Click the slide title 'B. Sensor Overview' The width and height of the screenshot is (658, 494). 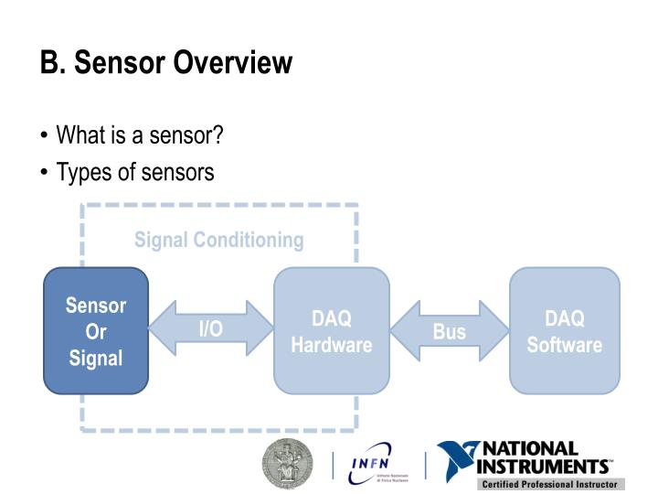click(165, 63)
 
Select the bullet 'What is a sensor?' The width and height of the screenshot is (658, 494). click(140, 135)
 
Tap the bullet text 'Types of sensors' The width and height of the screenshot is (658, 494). click(135, 171)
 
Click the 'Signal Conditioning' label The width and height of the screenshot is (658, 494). click(218, 241)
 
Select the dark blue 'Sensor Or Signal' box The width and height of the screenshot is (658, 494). click(96, 330)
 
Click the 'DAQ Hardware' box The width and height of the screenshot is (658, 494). click(332, 330)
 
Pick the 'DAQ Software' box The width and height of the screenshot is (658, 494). click(564, 330)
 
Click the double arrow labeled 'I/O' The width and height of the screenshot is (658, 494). click(211, 328)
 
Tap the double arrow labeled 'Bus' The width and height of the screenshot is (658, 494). click(449, 331)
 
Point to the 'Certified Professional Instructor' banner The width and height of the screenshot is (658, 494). click(548, 484)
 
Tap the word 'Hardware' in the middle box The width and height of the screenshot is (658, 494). click(332, 345)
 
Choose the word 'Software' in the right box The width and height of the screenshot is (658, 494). click(564, 345)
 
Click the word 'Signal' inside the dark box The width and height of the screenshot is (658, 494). click(96, 358)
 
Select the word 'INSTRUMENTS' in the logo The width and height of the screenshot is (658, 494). click(547, 466)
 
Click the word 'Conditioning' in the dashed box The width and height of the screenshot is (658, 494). click(248, 241)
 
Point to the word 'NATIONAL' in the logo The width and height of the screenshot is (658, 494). click(530, 448)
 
